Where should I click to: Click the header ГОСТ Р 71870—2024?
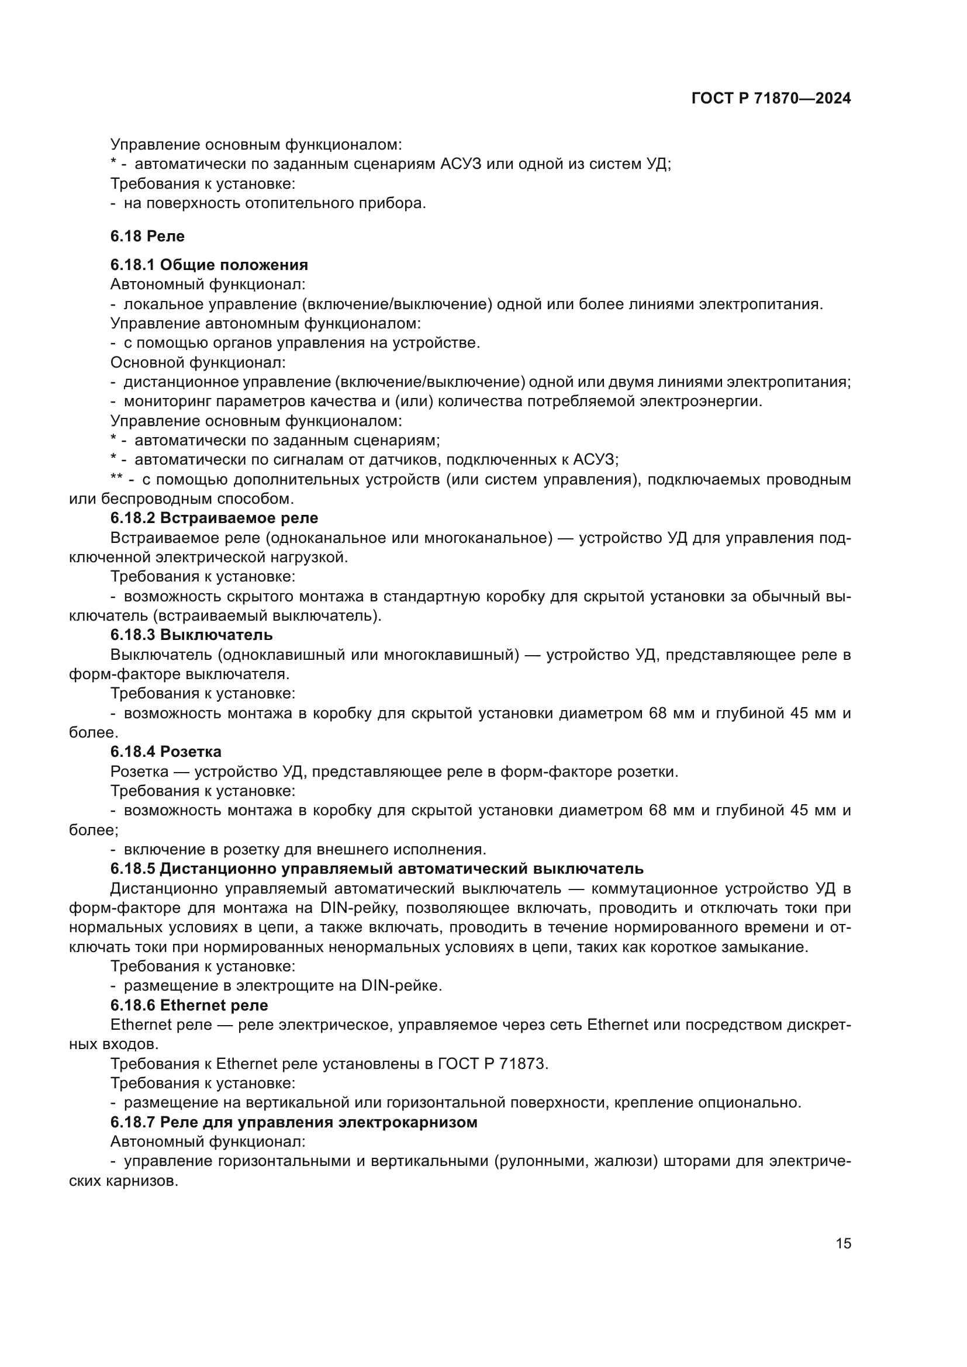point(771,99)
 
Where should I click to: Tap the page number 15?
point(843,1244)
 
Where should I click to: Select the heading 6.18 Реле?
point(147,236)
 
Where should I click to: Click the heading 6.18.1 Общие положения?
point(209,265)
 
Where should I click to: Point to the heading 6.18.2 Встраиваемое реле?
point(214,518)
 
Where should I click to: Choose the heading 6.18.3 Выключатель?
point(191,635)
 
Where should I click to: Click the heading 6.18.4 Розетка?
point(165,752)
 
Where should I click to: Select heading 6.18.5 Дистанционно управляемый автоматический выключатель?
point(377,868)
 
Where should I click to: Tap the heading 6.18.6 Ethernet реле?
point(189,1005)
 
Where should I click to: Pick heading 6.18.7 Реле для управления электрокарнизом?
point(293,1122)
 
